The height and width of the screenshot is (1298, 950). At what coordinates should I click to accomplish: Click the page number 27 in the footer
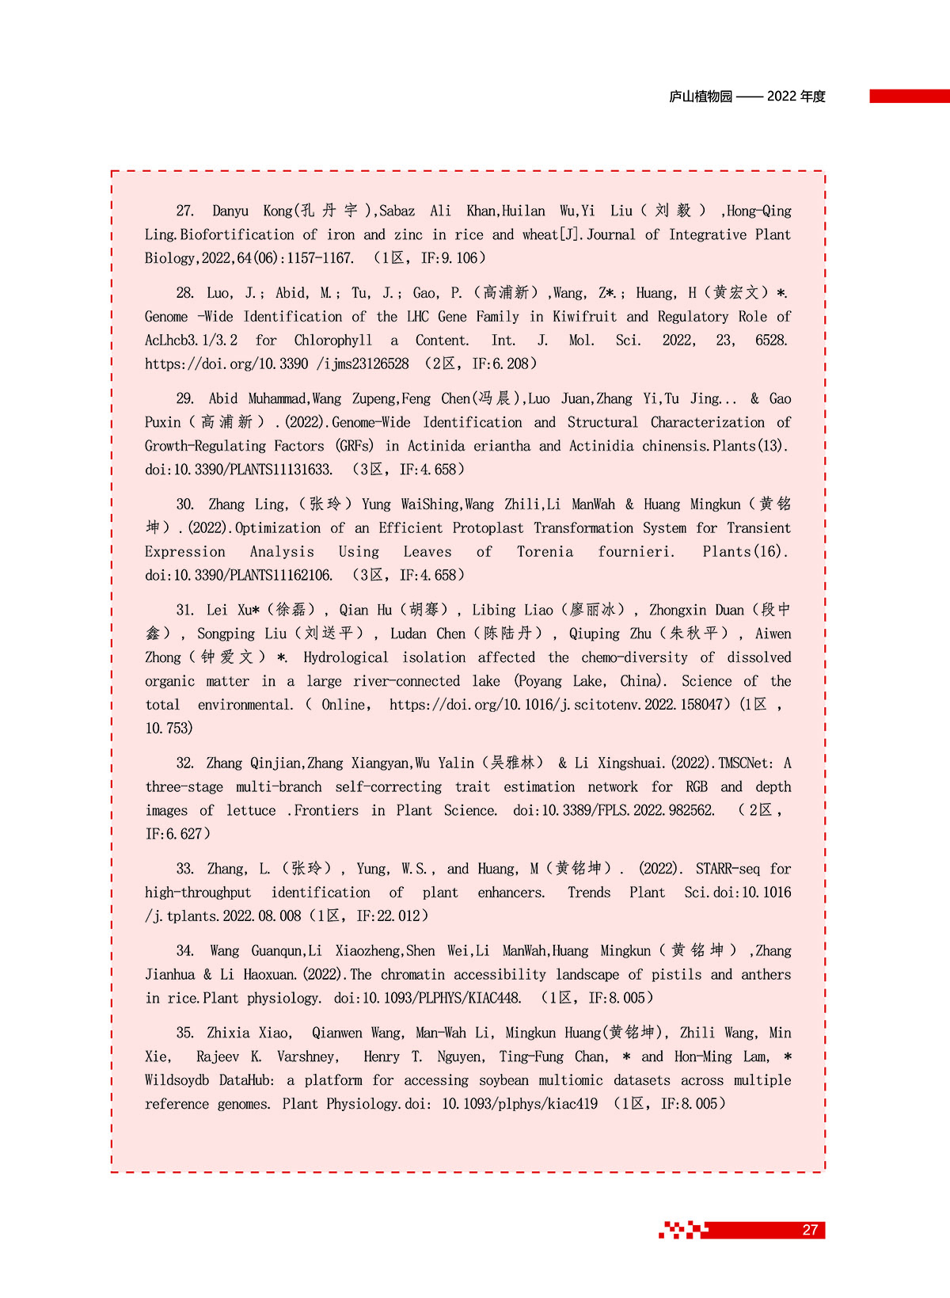click(x=810, y=1230)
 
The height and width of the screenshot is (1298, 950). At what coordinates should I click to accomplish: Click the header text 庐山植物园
click(x=701, y=97)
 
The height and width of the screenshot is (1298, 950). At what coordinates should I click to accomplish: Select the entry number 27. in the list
click(x=185, y=211)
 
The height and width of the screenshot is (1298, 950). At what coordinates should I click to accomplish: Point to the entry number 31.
click(x=185, y=610)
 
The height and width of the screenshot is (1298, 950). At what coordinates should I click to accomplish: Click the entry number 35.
click(x=185, y=1033)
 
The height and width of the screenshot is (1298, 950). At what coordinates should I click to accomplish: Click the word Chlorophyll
click(x=333, y=341)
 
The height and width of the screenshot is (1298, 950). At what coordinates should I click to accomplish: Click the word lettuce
click(x=251, y=810)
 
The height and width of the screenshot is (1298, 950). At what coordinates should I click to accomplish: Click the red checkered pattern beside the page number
click(x=682, y=1230)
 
